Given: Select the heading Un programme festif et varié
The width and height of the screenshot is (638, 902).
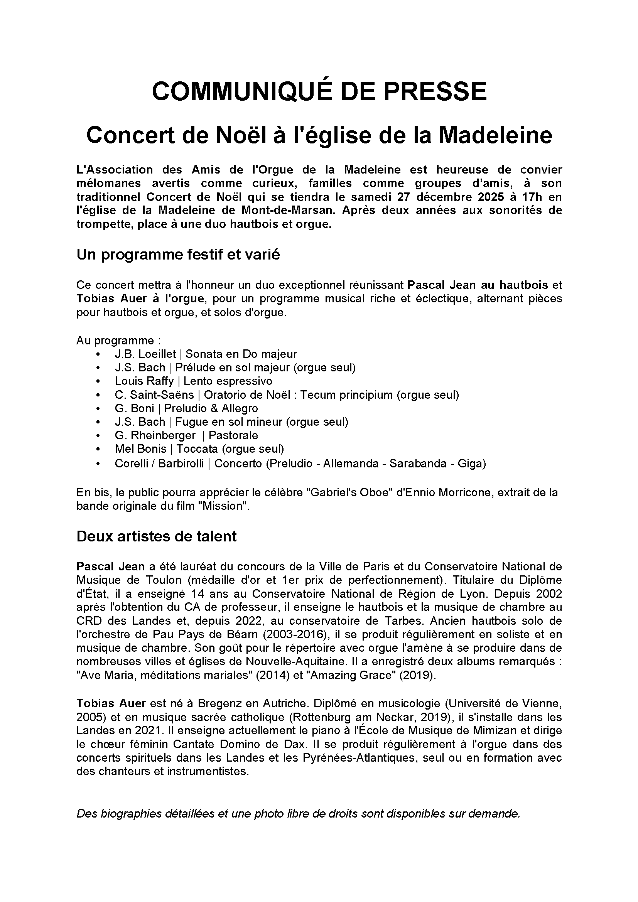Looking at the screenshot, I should coord(178,255).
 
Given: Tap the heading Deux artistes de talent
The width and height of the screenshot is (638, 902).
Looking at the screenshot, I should coord(156,536).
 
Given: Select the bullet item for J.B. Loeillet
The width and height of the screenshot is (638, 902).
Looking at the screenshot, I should coord(206,354).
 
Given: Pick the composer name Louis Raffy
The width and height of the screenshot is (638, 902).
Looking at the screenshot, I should coord(144,381).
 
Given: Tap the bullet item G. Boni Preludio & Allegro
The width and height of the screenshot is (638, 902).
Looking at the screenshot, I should coord(186,408).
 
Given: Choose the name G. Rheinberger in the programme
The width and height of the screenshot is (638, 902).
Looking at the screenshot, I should coord(155,435).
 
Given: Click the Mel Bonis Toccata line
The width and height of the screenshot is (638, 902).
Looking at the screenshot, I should coord(199,448).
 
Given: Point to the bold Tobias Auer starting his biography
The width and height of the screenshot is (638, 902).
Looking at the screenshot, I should coord(111,703).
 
